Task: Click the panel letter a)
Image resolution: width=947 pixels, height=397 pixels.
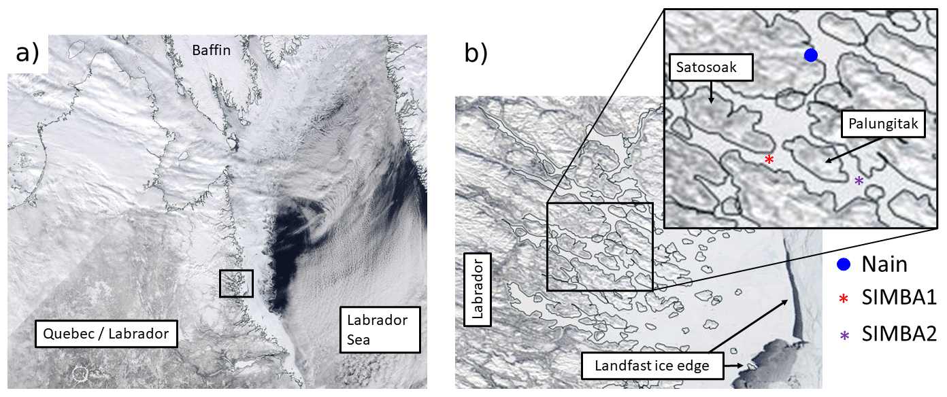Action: (x=27, y=52)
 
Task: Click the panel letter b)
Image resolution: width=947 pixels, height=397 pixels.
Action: (x=476, y=52)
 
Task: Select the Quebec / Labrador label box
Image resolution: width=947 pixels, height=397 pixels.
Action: (x=105, y=334)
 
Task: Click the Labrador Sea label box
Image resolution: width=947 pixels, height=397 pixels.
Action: (x=380, y=329)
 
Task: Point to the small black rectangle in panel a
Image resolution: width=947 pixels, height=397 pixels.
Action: (x=236, y=283)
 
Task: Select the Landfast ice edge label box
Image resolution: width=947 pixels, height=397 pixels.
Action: (x=652, y=366)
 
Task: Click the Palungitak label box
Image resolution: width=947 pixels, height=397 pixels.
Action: (x=882, y=124)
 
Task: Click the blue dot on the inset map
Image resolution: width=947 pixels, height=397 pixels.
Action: (x=810, y=55)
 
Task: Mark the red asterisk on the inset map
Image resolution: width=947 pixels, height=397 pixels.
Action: (x=769, y=160)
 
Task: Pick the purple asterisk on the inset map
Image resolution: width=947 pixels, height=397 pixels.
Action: (x=859, y=181)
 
